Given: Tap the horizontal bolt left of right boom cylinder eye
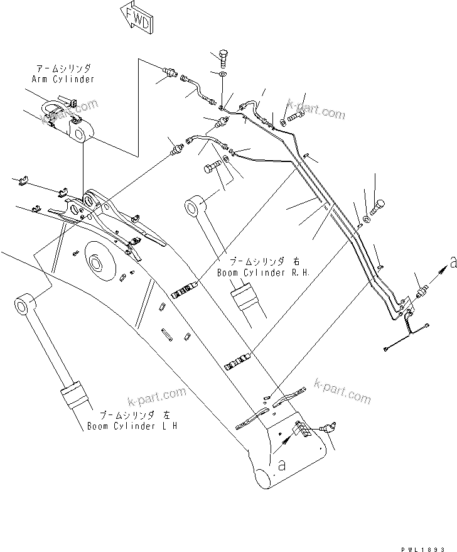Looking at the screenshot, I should pyautogui.click(x=211, y=168).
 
